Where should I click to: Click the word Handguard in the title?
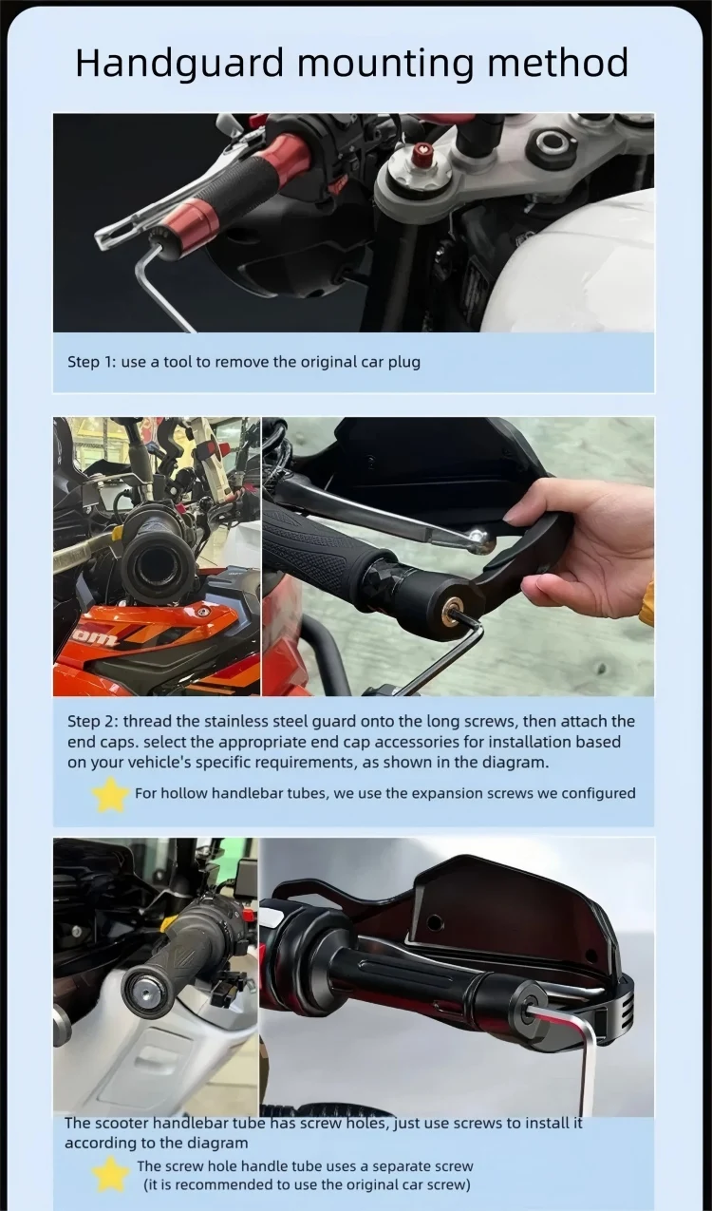click(179, 64)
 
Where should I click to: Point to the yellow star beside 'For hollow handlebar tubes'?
click(110, 794)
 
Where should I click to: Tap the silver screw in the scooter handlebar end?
click(147, 990)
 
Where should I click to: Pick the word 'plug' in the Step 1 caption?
click(404, 363)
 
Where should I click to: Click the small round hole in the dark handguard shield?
click(436, 921)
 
